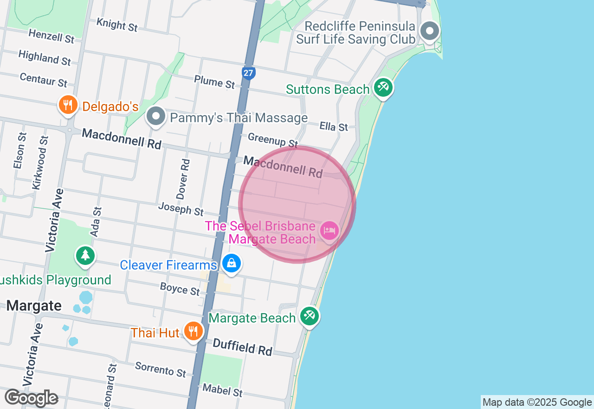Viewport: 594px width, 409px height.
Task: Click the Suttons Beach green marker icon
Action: (383, 87)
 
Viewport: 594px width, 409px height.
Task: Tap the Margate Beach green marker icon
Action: (309, 316)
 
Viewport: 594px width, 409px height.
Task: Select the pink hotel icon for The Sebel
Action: (329, 230)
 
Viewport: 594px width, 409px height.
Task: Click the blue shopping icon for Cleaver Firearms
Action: (231, 264)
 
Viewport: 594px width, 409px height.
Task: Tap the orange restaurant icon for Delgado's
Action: (68, 105)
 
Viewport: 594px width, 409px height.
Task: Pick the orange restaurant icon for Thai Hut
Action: (192, 331)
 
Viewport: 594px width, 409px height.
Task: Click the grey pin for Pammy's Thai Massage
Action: (156, 116)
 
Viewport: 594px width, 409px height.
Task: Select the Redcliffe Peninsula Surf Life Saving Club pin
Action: (429, 31)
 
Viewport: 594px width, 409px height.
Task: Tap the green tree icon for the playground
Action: (85, 255)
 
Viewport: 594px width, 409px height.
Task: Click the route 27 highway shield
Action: (249, 73)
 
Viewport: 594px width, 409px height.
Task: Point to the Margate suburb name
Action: (34, 306)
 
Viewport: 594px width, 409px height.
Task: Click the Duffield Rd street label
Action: (242, 347)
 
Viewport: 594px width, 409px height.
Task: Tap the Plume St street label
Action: (215, 82)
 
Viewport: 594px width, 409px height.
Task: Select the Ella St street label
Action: (334, 126)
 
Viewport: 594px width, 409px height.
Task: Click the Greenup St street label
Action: (273, 140)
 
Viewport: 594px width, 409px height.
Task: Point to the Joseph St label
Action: (181, 209)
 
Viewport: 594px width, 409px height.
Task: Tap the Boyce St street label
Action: (180, 289)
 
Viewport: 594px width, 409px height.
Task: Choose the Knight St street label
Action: (117, 25)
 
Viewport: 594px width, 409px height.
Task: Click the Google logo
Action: (31, 398)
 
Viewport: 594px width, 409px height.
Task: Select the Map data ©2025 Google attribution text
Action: (537, 402)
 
